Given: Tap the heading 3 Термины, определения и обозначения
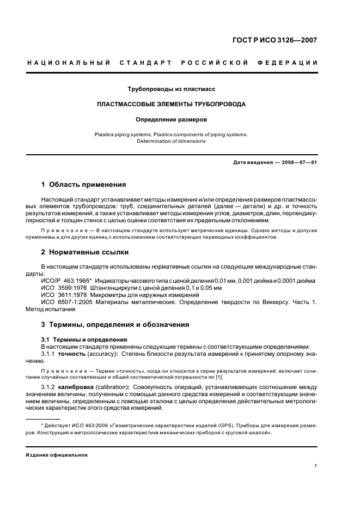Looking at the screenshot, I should coord(115,324).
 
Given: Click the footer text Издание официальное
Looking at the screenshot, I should coord(57,454).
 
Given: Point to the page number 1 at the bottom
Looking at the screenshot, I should coord(316,466).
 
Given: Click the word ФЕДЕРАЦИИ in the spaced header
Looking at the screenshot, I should coord(292,63).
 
